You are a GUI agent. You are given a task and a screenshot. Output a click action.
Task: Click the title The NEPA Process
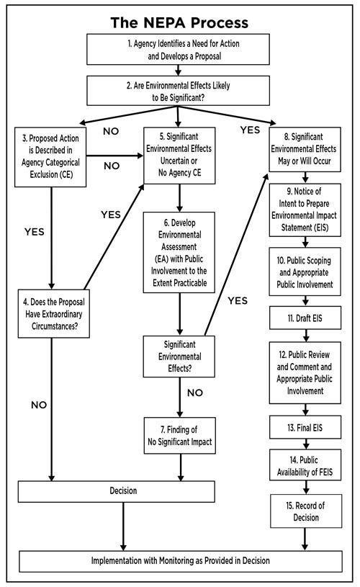[x=179, y=22]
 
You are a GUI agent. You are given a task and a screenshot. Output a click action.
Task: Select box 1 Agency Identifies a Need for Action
[x=179, y=49]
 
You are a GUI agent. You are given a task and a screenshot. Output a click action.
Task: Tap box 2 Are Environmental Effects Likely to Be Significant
[x=179, y=89]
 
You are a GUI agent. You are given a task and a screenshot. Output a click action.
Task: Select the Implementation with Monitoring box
[x=179, y=560]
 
